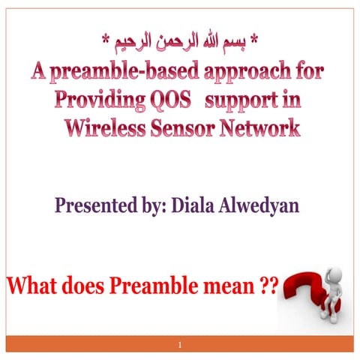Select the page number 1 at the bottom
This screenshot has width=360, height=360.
click(x=181, y=346)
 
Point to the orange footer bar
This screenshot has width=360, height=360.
click(x=90, y=345)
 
